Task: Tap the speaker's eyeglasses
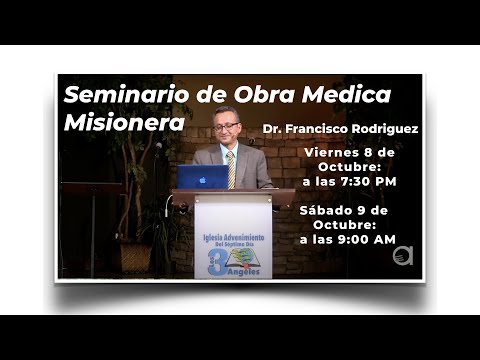pyautogui.click(x=226, y=128)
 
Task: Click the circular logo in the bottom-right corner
pyautogui.click(x=403, y=255)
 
